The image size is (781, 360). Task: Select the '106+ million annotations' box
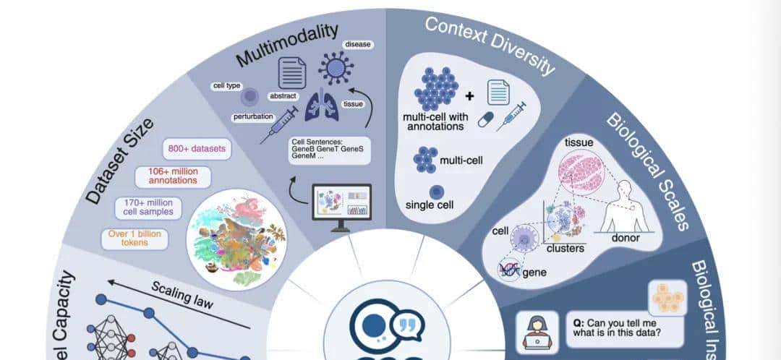coord(172,177)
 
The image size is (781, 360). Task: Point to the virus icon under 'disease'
coord(335,69)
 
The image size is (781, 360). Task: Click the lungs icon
coord(322,106)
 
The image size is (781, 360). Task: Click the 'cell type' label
coord(227,86)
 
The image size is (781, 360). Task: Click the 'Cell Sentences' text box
coord(329,150)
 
